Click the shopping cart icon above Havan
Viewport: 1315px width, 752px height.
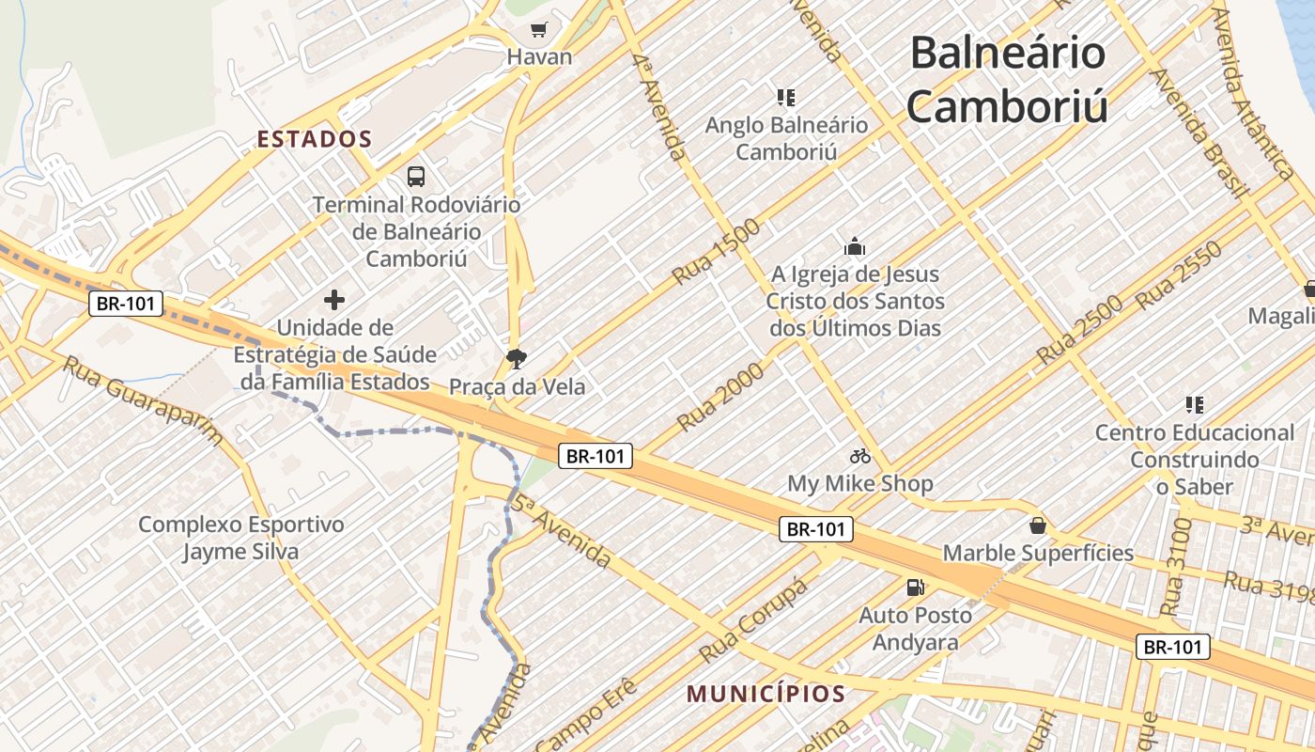tap(538, 29)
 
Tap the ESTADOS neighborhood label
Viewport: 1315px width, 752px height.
tap(315, 139)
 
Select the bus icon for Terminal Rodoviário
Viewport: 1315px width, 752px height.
tap(415, 176)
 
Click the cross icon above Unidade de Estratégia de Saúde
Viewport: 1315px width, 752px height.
tap(333, 300)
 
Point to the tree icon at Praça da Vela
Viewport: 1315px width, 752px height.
tap(516, 357)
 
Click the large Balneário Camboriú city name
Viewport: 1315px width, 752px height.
tap(1007, 80)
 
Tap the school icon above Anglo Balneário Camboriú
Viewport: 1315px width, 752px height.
tap(786, 97)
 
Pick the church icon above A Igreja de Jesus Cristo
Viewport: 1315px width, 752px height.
tap(855, 247)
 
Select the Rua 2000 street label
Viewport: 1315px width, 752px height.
tap(720, 397)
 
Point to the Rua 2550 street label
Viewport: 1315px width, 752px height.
tap(1179, 276)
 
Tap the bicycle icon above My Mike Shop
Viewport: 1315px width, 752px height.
tap(859, 457)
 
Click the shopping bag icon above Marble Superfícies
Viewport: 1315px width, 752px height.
tap(1038, 525)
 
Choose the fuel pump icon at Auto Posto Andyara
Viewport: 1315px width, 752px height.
tap(914, 588)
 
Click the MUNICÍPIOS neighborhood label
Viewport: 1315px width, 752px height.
tap(766, 695)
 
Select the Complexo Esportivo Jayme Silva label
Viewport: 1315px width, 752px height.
tap(240, 538)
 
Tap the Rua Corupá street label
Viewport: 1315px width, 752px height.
tap(753, 619)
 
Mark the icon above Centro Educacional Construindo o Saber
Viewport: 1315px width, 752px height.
tap(1195, 405)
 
